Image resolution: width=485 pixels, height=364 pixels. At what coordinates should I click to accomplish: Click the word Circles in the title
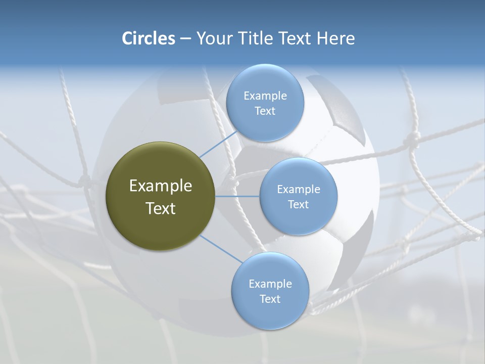click(x=149, y=38)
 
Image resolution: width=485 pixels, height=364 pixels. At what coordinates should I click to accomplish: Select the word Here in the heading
click(x=336, y=38)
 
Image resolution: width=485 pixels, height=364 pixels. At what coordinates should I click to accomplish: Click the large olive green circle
click(x=160, y=196)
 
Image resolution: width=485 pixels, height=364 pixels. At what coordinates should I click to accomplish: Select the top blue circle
click(x=264, y=103)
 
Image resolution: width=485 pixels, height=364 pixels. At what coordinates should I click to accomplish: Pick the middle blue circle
click(x=298, y=196)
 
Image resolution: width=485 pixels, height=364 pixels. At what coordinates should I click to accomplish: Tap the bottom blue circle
click(x=270, y=291)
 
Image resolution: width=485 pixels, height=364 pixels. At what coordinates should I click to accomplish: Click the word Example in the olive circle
click(x=161, y=186)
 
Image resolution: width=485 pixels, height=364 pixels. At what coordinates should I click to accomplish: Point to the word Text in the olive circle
click(x=161, y=208)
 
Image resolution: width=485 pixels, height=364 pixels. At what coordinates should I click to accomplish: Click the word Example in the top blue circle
click(x=265, y=96)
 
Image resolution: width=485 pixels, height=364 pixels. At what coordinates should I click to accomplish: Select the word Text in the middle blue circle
click(x=298, y=204)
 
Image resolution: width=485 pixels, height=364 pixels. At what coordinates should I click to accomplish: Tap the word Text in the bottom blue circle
click(x=270, y=299)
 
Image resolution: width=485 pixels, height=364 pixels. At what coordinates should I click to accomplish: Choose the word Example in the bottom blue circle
click(x=270, y=284)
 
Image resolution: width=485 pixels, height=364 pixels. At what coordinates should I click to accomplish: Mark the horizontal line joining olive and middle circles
click(x=237, y=196)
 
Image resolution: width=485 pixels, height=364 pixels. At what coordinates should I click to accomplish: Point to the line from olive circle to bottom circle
click(x=221, y=249)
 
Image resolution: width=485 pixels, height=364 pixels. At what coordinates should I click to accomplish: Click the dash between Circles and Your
click(x=185, y=38)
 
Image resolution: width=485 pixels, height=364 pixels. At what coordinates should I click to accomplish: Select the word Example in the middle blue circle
click(x=299, y=189)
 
